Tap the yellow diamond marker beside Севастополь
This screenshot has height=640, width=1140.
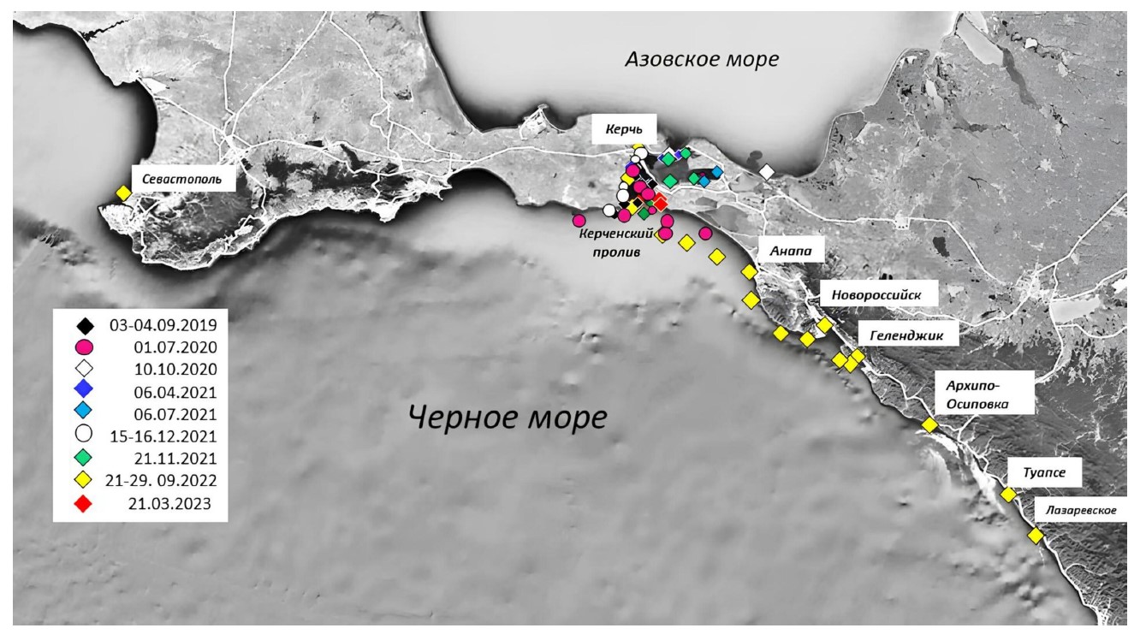pyautogui.click(x=123, y=193)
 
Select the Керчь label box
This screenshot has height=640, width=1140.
pyautogui.click(x=624, y=128)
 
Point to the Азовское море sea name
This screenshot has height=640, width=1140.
pyautogui.click(x=702, y=59)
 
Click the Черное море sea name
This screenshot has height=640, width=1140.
pyautogui.click(x=508, y=418)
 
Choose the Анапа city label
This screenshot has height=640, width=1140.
pyautogui.click(x=790, y=251)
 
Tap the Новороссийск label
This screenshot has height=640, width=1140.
pyautogui.click(x=876, y=294)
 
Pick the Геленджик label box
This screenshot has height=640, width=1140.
pyautogui.click(x=906, y=335)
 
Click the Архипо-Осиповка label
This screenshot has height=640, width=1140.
pyautogui.click(x=977, y=394)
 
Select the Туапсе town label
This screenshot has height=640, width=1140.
pyautogui.click(x=1044, y=472)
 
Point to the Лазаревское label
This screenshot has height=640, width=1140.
pyautogui.click(x=1081, y=510)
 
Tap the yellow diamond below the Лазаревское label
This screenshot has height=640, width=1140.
pyautogui.click(x=1036, y=536)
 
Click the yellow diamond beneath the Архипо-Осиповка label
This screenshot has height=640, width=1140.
pyautogui.click(x=929, y=424)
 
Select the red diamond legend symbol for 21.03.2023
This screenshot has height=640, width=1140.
pyautogui.click(x=84, y=504)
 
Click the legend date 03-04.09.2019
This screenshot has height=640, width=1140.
pyautogui.click(x=163, y=325)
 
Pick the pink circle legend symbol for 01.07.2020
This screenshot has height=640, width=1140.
pyautogui.click(x=84, y=347)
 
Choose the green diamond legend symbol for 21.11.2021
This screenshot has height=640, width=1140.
pyautogui.click(x=84, y=458)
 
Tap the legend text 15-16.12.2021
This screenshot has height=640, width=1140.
pyautogui.click(x=163, y=436)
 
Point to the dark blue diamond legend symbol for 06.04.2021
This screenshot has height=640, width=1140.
pyautogui.click(x=84, y=389)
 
